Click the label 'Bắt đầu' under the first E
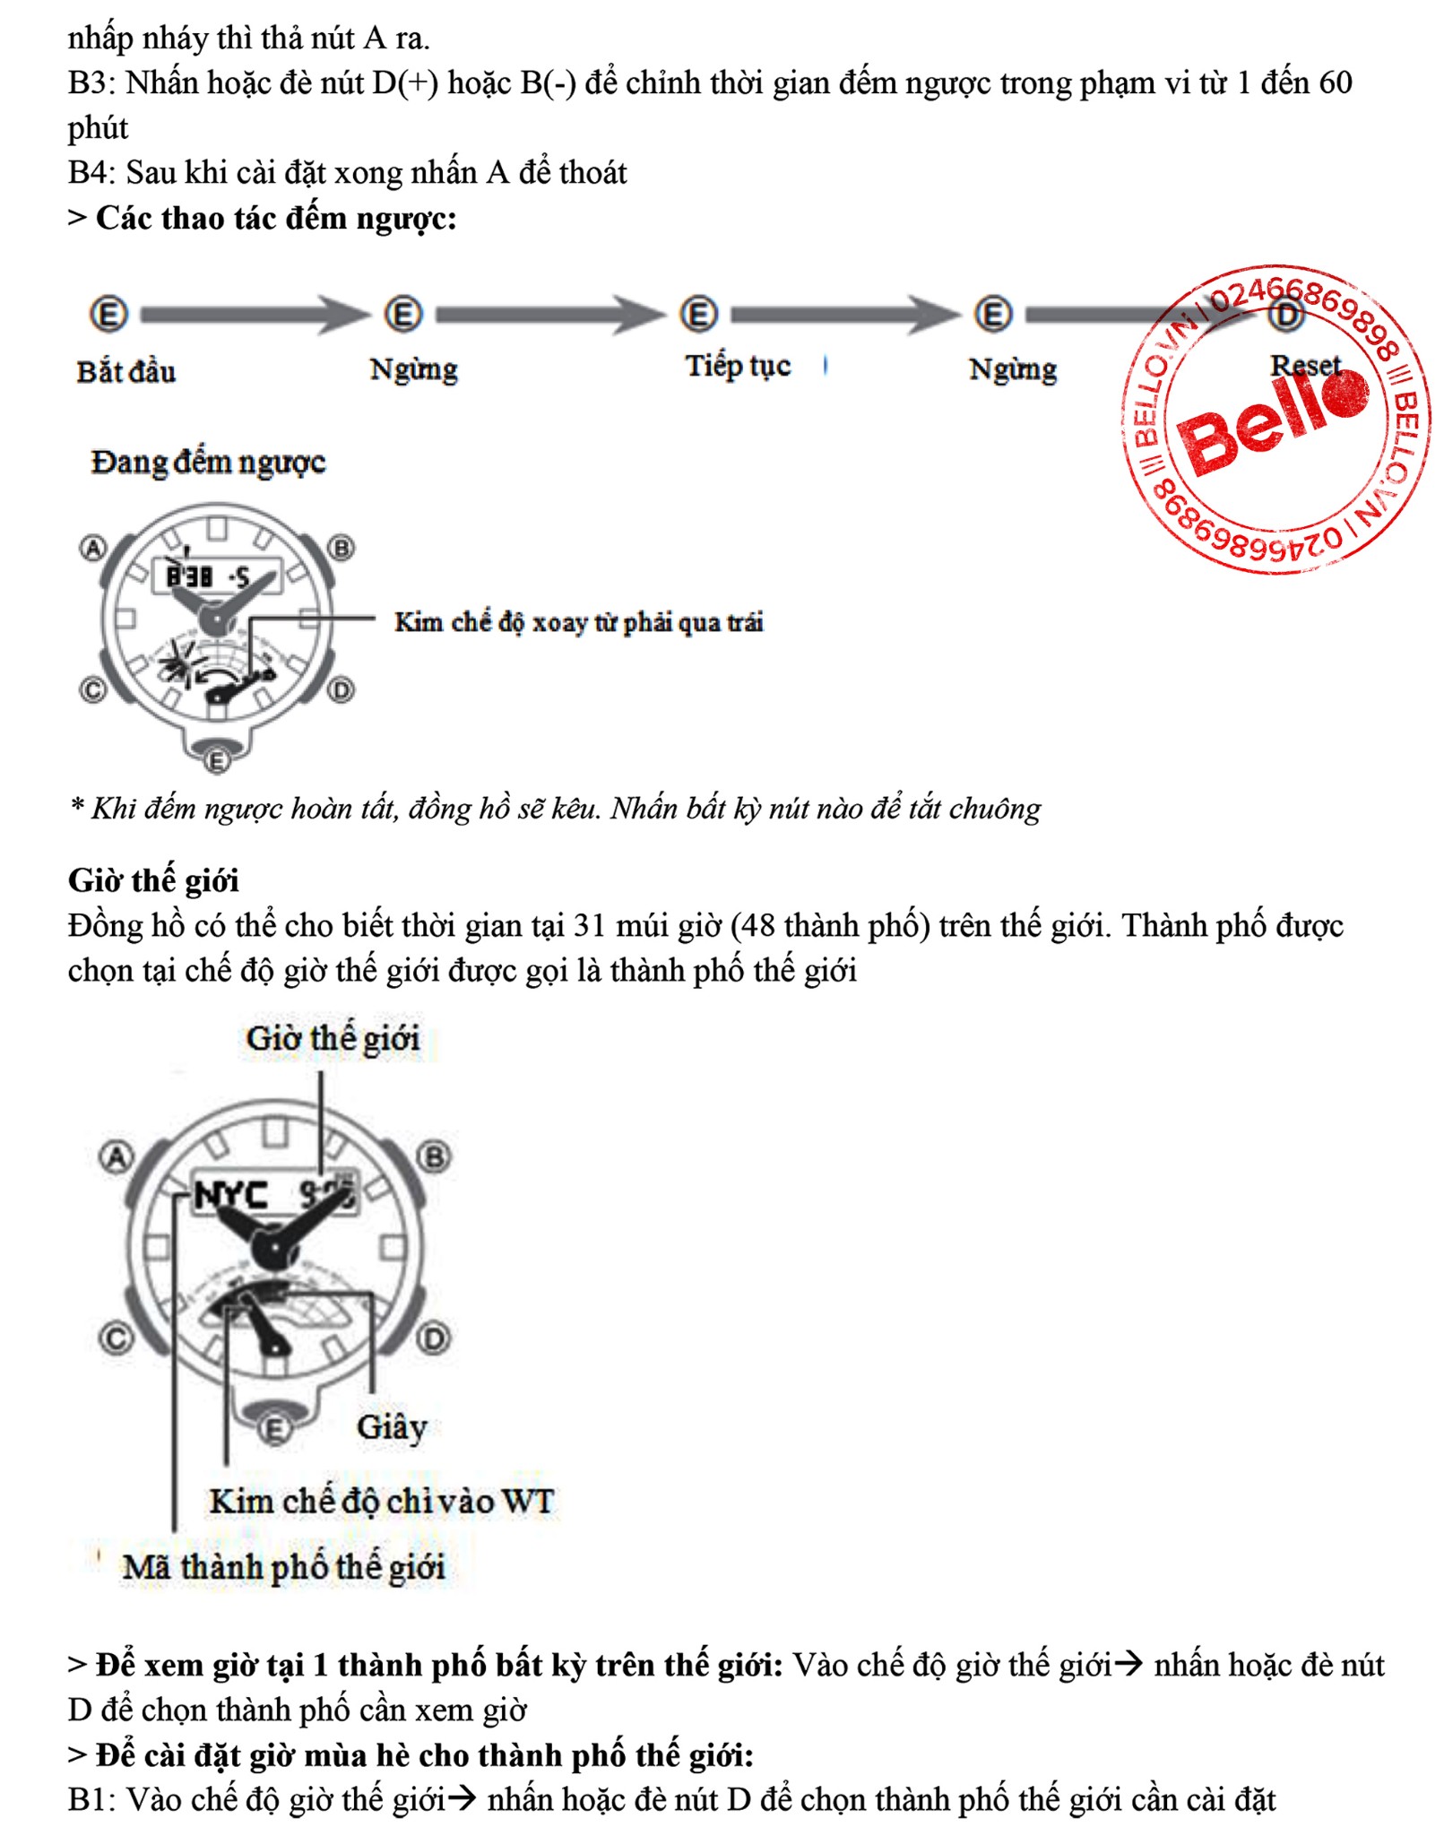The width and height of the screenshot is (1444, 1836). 125,371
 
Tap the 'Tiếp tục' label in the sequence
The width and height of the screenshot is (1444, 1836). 738,366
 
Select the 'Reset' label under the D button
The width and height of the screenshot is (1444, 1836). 1305,365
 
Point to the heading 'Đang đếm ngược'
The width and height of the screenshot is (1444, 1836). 208,463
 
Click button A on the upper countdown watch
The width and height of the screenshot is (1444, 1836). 93,547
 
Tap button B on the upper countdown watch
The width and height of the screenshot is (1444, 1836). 342,547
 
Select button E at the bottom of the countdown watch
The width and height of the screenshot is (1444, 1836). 217,761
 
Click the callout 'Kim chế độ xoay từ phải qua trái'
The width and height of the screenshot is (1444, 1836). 578,622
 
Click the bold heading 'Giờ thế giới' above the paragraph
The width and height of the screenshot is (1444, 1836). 153,880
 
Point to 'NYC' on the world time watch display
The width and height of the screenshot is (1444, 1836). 230,1195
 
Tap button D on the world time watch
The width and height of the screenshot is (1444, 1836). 434,1339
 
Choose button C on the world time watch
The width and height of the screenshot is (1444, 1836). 116,1339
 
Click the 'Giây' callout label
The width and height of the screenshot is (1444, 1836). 392,1426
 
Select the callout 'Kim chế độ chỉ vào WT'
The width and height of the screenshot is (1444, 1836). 382,1501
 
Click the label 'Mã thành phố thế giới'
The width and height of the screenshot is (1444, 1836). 283,1567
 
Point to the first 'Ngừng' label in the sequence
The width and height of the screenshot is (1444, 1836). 413,369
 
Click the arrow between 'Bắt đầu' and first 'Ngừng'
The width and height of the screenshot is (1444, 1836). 255,315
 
